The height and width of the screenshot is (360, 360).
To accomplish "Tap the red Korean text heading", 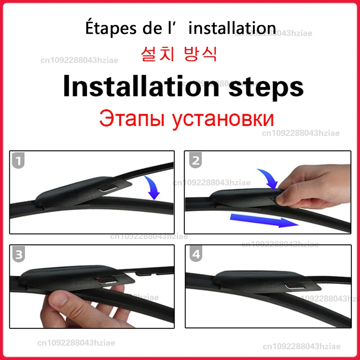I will [179, 54].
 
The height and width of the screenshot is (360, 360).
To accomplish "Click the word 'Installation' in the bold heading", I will [137, 87].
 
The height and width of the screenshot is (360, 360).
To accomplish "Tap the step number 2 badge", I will [195, 161].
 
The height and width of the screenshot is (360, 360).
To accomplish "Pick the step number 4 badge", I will [195, 255].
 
